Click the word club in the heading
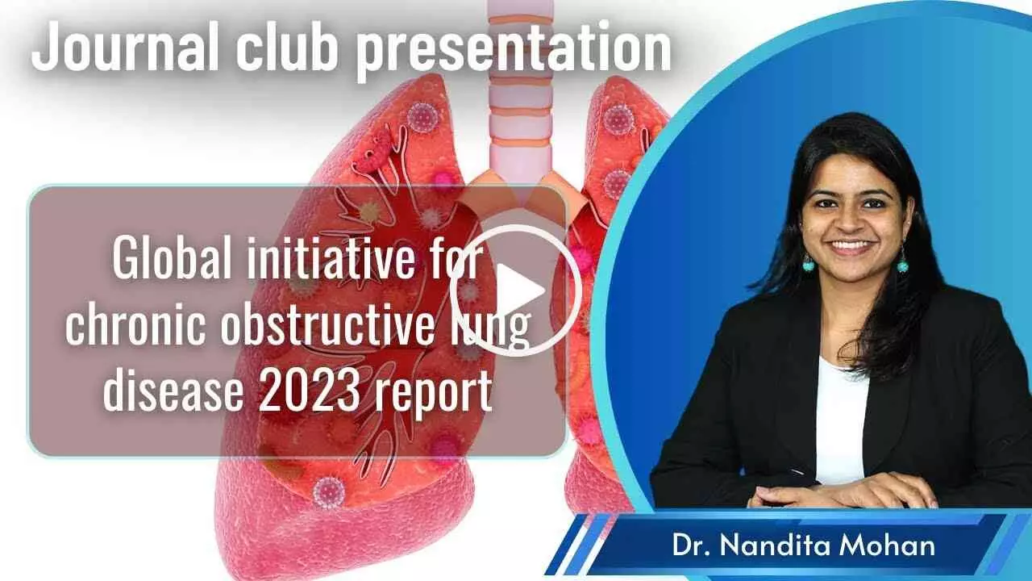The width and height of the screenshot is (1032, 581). (x=290, y=46)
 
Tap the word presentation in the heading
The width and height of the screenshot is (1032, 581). (x=514, y=51)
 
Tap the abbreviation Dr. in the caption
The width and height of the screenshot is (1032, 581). (x=692, y=546)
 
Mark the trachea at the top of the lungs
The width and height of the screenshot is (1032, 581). (x=521, y=88)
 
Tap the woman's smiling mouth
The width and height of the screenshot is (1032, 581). (x=851, y=246)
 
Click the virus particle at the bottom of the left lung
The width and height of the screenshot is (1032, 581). (x=328, y=492)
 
